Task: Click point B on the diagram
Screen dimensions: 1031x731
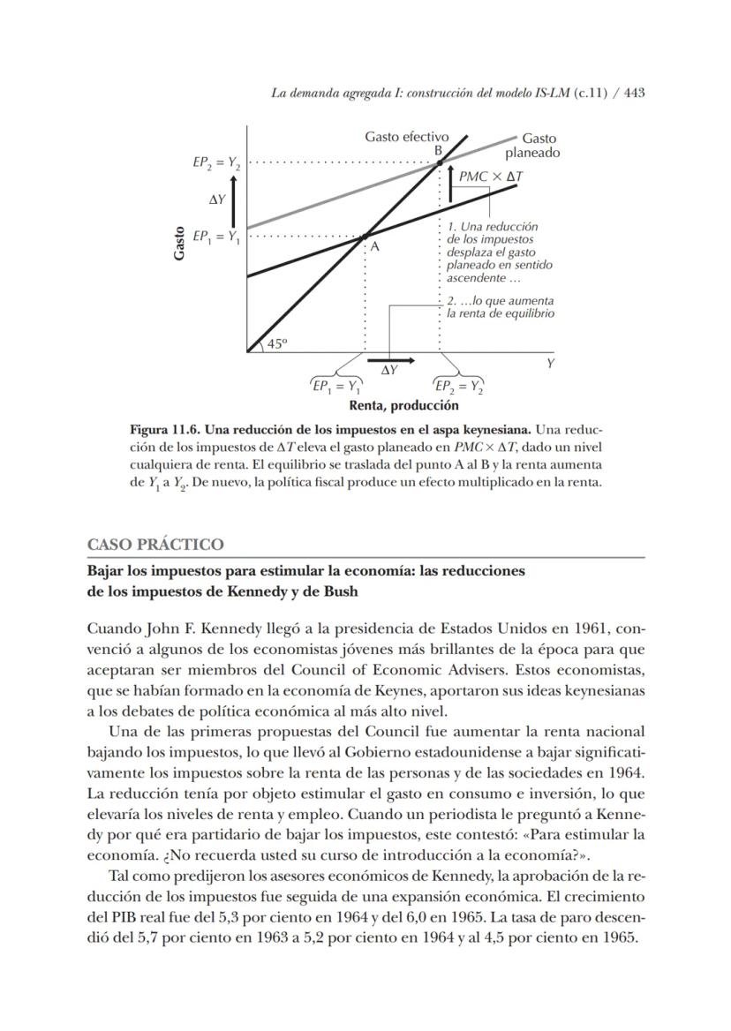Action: (x=440, y=162)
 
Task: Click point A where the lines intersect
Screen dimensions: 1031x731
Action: (x=365, y=237)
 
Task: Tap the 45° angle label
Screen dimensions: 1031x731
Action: (x=276, y=344)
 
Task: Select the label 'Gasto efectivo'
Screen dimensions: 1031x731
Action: (x=406, y=137)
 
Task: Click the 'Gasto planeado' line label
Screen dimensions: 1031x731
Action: (x=539, y=146)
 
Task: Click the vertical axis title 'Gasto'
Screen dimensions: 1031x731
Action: (x=180, y=243)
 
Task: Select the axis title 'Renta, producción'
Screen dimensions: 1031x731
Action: (x=403, y=405)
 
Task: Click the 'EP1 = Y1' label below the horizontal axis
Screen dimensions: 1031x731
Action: (x=336, y=385)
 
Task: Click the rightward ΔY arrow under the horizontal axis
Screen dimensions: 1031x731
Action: (x=389, y=361)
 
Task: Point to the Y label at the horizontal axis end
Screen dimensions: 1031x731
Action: (x=550, y=363)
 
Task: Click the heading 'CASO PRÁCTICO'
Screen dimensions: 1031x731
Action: (x=155, y=544)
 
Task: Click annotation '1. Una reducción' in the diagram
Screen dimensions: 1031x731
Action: (x=492, y=227)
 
